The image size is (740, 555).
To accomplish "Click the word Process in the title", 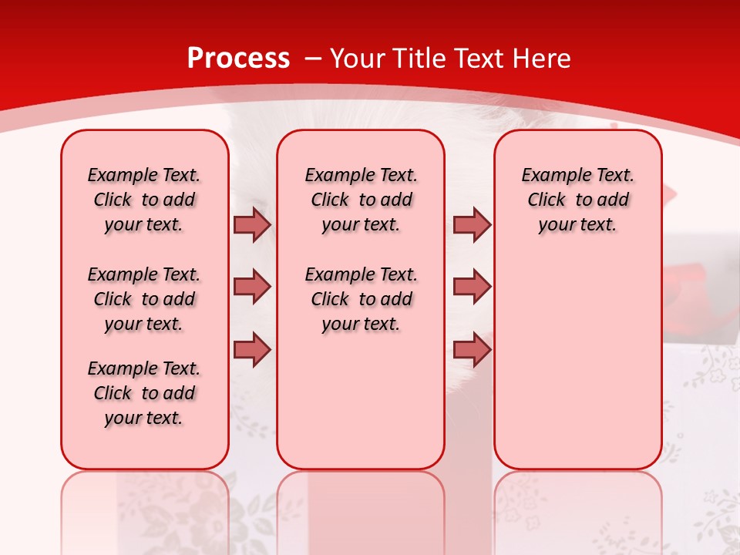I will pyautogui.click(x=238, y=59).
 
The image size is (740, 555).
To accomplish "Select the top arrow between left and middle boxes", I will pyautogui.click(x=252, y=224).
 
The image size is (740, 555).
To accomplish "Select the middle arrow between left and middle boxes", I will pyautogui.click(x=252, y=287).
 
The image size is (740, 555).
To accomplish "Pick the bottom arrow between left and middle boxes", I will pyautogui.click(x=252, y=350).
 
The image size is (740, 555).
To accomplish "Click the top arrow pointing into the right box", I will pyautogui.click(x=472, y=224).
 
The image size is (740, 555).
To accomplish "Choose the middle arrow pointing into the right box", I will pyautogui.click(x=472, y=287).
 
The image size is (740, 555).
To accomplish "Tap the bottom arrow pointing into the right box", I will pyautogui.click(x=472, y=350).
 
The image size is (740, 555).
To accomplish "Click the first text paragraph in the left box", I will pyautogui.click(x=144, y=200).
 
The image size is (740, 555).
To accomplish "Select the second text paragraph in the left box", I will pyautogui.click(x=144, y=299).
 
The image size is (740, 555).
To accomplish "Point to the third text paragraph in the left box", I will pyautogui.click(x=144, y=393).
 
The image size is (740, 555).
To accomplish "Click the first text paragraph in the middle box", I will pyautogui.click(x=362, y=200).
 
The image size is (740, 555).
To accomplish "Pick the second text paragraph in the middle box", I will pyautogui.click(x=362, y=299).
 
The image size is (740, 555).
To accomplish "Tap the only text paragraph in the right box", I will pyautogui.click(x=578, y=200).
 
